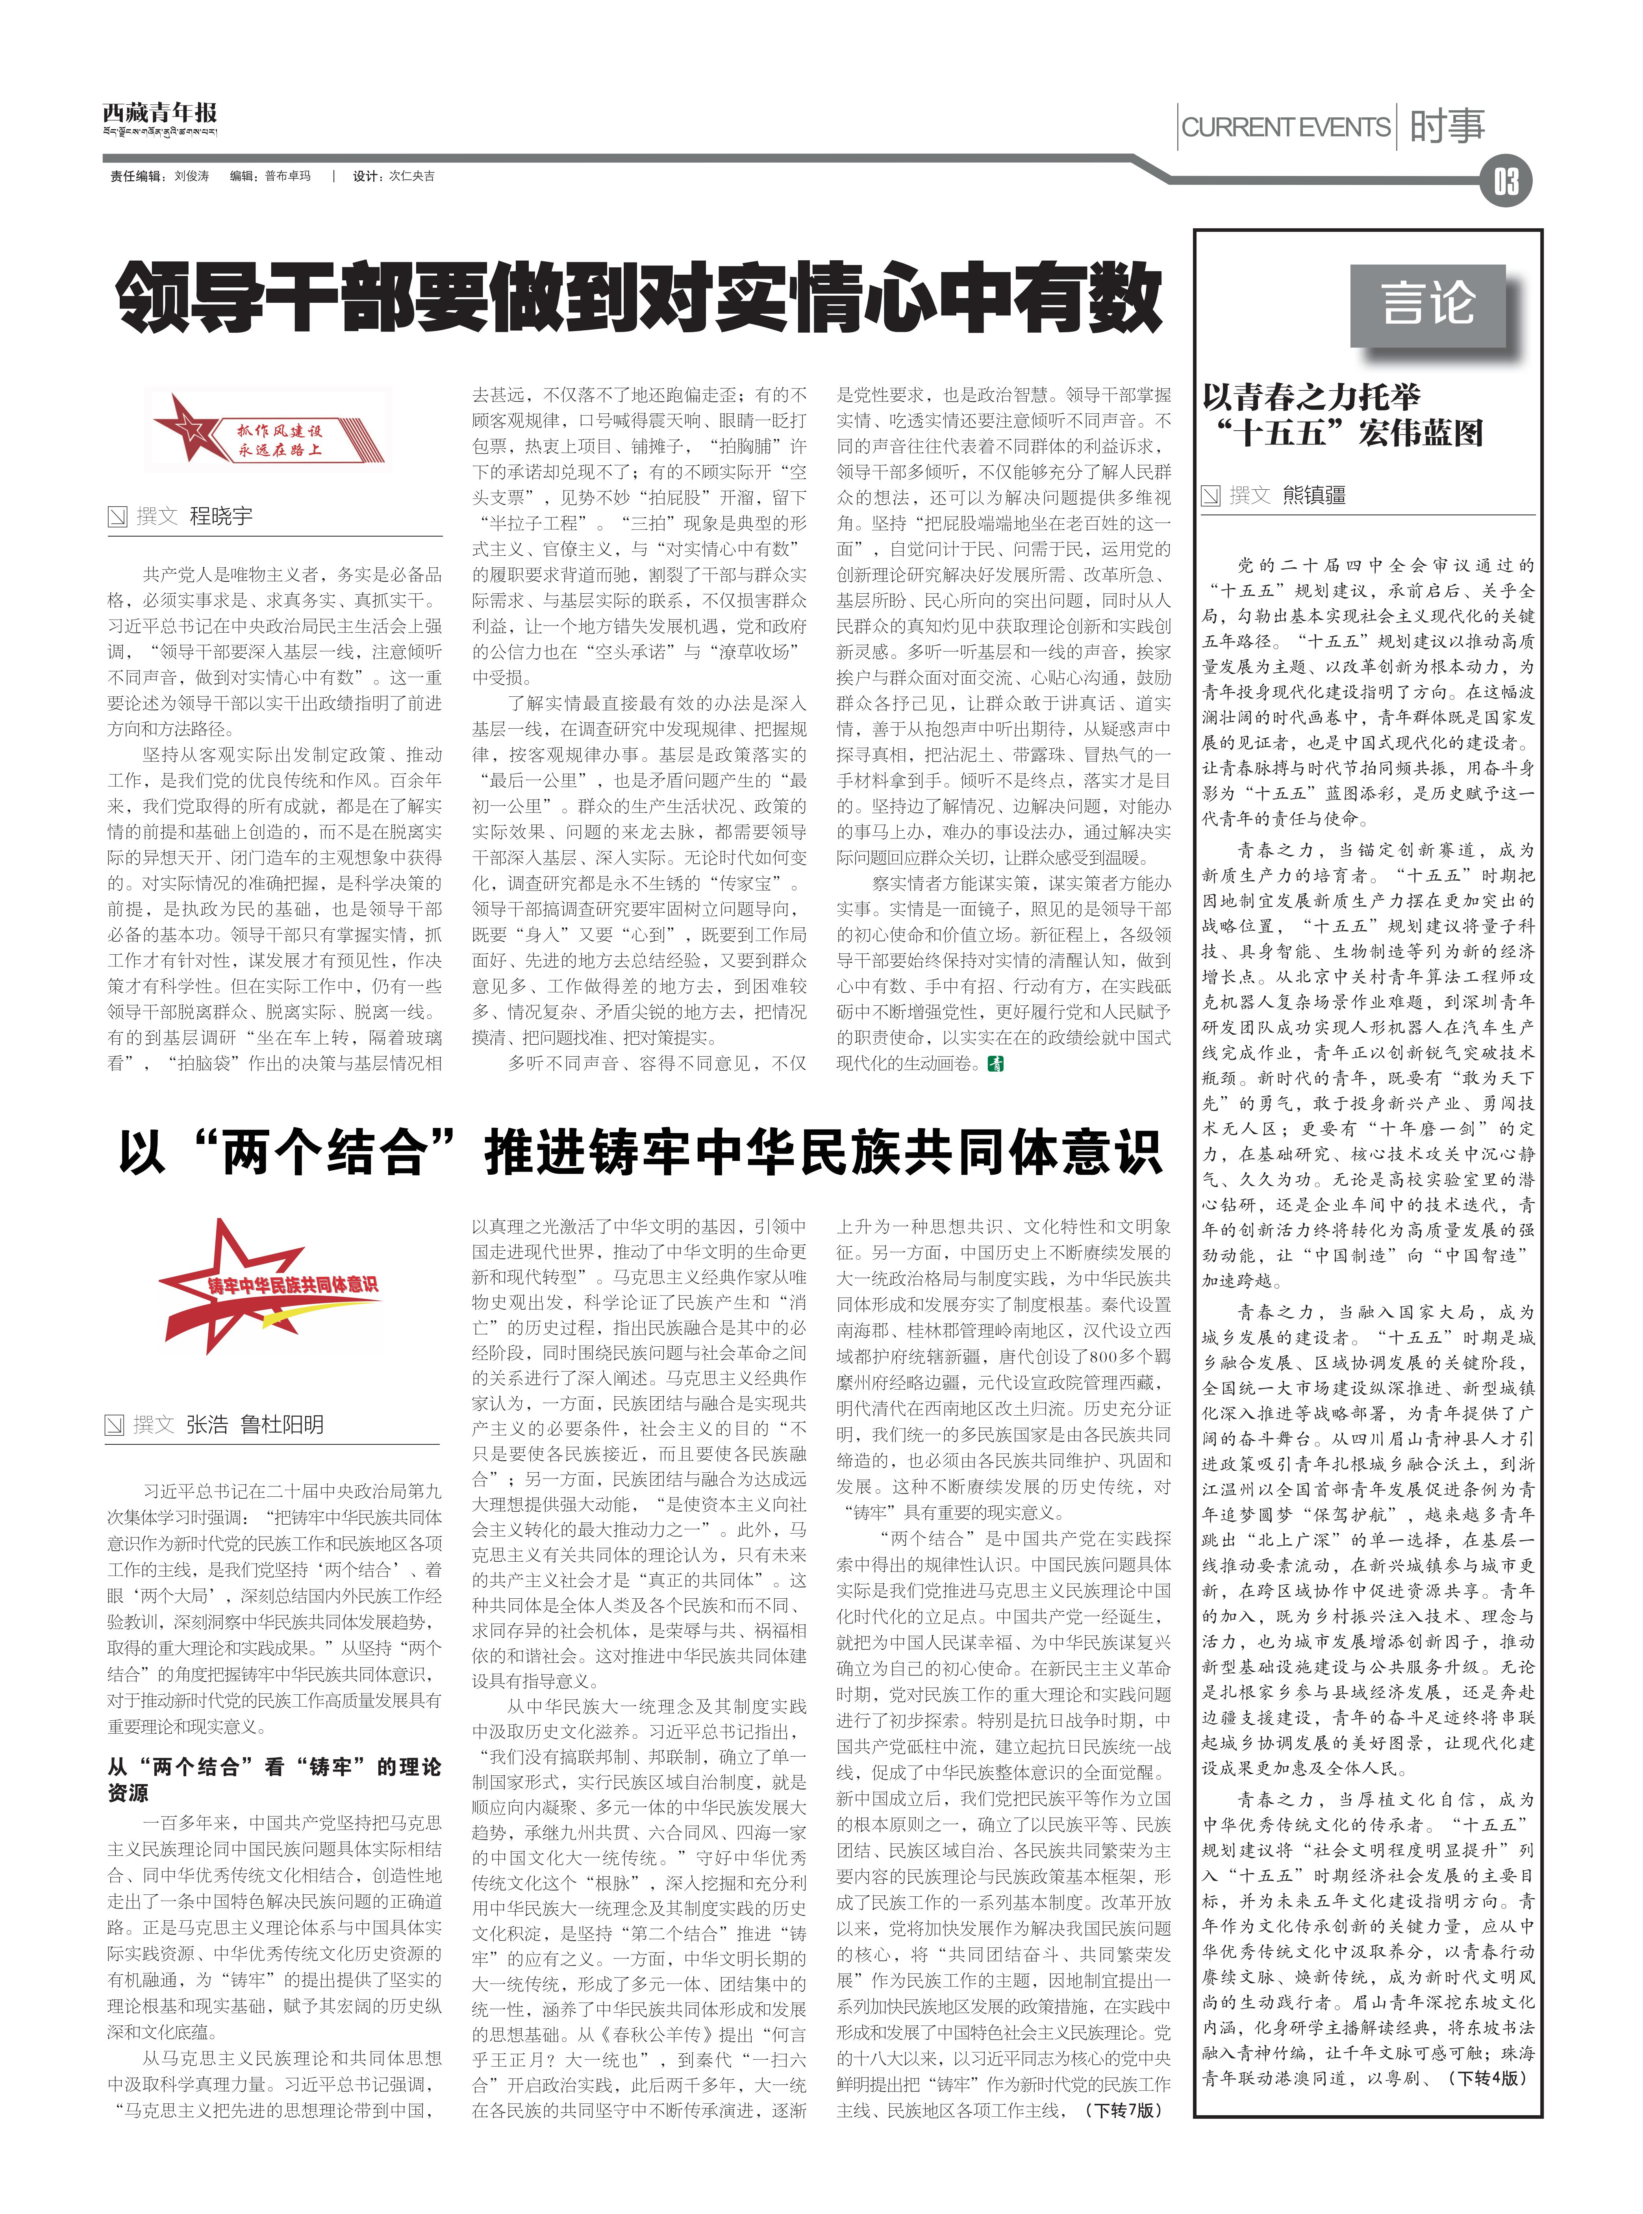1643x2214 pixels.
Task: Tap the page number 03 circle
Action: [1505, 182]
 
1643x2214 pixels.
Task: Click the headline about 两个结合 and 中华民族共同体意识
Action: [639, 1153]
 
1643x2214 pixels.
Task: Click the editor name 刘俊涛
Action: [192, 176]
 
